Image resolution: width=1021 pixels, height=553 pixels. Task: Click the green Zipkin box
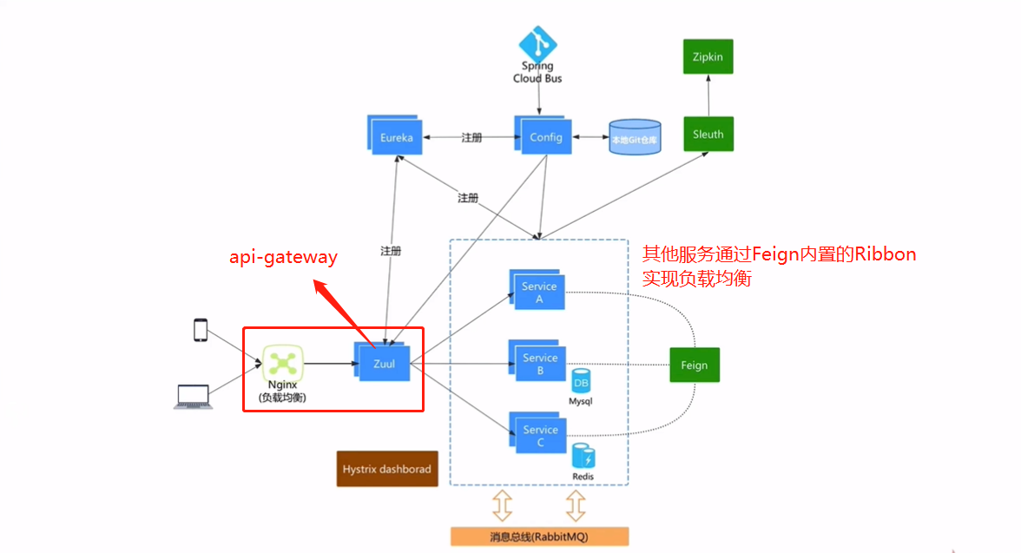pos(708,57)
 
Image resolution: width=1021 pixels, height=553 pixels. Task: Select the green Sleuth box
pos(708,134)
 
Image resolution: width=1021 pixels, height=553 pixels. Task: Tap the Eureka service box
pos(396,137)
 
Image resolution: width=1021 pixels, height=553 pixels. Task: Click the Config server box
pos(544,136)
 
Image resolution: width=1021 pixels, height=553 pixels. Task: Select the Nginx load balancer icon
pos(283,364)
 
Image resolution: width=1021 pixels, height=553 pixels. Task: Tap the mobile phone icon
pos(201,331)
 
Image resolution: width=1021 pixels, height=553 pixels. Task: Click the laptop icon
pos(192,397)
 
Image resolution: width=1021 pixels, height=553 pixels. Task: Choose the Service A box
pos(537,292)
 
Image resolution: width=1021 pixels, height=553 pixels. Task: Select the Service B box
pos(537,363)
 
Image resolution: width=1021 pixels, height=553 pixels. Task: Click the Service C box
pos(537,435)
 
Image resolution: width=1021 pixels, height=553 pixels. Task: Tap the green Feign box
pos(694,365)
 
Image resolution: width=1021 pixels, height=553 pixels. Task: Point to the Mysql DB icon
pos(581,381)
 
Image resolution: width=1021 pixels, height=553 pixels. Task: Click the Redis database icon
pos(583,457)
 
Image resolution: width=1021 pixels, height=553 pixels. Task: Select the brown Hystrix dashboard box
pos(386,469)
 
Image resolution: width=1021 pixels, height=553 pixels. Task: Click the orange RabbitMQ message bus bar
pos(538,537)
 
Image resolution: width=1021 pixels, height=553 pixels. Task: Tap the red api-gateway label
pos(283,257)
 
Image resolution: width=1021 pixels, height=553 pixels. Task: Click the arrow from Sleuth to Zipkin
pos(708,95)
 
